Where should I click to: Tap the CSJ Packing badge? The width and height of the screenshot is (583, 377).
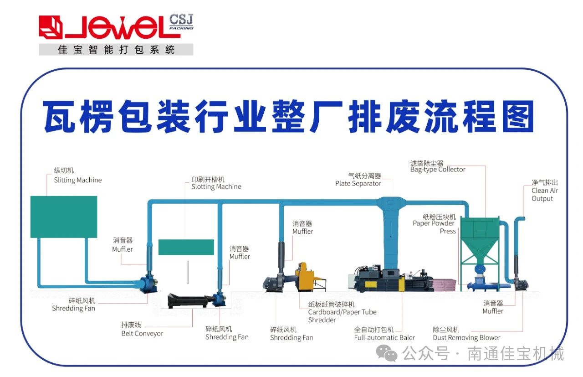(181, 22)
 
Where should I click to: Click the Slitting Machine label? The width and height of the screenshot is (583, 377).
(77, 176)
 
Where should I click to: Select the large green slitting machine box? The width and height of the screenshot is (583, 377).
(64, 217)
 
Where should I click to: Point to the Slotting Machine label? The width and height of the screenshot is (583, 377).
(216, 183)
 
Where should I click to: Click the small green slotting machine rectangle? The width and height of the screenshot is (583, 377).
(186, 247)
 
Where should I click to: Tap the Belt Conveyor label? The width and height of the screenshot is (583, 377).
(142, 330)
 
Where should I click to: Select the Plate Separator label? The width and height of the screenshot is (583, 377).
(358, 180)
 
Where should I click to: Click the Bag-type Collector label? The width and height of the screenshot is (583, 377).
(438, 166)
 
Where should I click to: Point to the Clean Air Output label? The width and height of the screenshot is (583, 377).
(545, 191)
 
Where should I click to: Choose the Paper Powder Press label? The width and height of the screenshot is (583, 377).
(434, 224)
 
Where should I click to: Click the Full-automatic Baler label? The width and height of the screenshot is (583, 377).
(384, 334)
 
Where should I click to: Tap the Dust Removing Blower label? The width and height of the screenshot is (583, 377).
(466, 334)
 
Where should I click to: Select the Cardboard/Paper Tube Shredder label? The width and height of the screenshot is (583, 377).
(342, 312)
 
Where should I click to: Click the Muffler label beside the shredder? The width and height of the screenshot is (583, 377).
(303, 227)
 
